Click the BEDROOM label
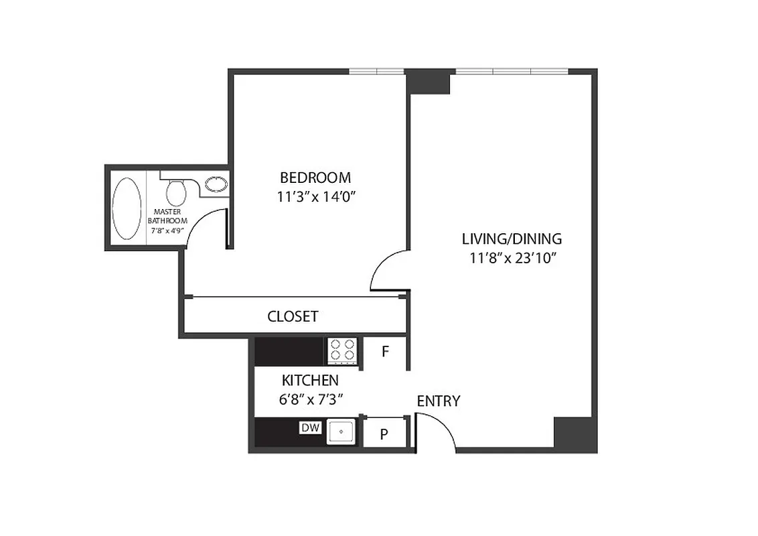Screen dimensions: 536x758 (315, 178)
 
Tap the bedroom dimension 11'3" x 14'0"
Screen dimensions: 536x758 (315, 197)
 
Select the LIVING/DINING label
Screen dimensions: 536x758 (512, 239)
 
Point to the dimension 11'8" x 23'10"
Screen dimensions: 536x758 (512, 258)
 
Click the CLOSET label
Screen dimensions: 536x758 (293, 316)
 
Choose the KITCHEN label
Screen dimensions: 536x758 (310, 381)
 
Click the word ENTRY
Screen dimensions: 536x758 (439, 401)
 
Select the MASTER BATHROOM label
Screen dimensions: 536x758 (167, 216)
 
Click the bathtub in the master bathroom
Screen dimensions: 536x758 (127, 207)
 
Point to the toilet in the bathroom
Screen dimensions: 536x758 (176, 192)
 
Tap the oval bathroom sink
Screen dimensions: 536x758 (216, 184)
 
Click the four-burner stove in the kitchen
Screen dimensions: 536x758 (343, 350)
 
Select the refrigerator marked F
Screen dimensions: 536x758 (385, 351)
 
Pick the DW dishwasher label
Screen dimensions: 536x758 (310, 427)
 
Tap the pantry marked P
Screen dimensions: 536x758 (384, 434)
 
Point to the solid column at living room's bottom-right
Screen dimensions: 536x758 (575, 434)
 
